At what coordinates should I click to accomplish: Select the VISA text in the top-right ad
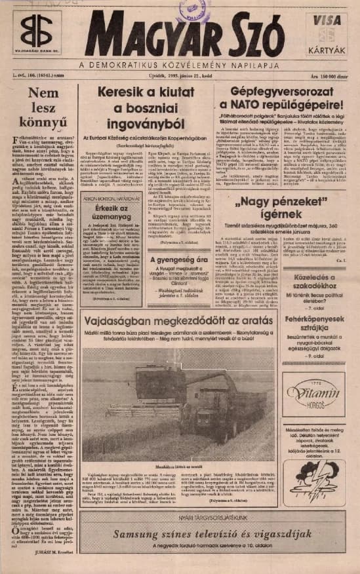tap(333, 20)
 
